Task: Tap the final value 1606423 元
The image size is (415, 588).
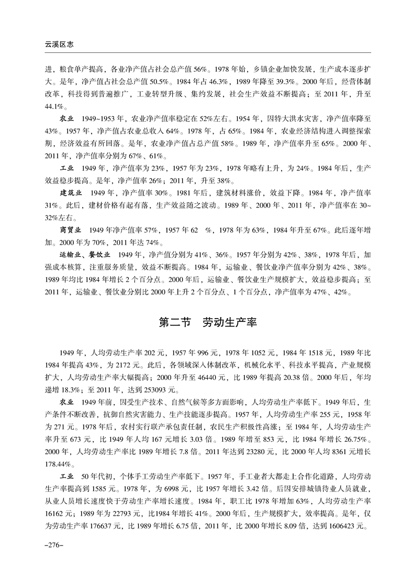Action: pyautogui.click(x=342, y=526)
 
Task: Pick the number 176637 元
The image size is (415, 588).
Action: pyautogui.click(x=116, y=526)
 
